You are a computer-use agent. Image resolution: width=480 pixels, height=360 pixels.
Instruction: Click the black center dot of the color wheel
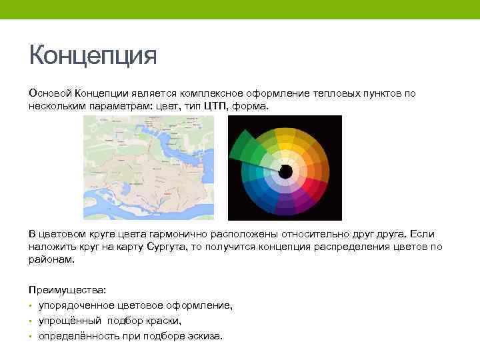point(285,172)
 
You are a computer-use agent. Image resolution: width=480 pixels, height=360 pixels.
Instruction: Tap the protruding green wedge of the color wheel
point(245,148)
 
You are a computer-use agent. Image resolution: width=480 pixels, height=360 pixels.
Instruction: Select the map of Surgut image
point(148,167)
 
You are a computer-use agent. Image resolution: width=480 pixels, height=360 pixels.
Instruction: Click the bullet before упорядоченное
point(31,306)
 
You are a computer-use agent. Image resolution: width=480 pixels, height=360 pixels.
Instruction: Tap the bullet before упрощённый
point(31,321)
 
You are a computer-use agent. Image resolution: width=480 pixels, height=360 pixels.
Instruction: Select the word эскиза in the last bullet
point(205,336)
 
